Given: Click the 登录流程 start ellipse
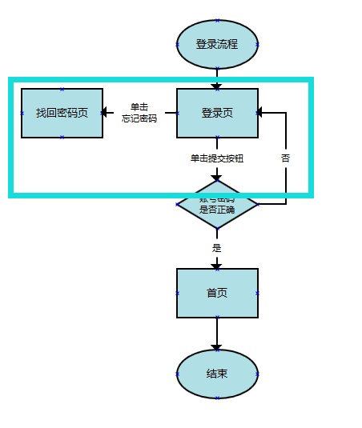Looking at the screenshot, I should (217, 44).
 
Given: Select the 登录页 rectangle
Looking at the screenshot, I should (217, 113).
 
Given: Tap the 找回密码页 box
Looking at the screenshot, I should (62, 113).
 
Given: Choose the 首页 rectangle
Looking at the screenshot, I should (217, 293).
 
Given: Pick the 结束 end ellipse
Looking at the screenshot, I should (217, 374).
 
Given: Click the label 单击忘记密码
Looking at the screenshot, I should (139, 113).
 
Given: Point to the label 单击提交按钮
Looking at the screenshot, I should (217, 158).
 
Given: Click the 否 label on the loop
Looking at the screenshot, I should (286, 158).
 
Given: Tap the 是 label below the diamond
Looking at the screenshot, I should (217, 248).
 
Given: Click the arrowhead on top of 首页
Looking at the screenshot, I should (217, 265).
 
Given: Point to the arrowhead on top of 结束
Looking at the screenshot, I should (217, 346).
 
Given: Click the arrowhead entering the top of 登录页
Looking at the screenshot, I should (217, 85).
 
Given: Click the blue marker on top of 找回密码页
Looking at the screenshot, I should (62, 89).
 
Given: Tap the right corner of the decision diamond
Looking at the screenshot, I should (257, 205).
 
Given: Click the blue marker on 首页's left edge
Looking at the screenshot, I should (177, 293).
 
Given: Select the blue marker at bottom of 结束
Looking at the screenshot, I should (217, 398).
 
